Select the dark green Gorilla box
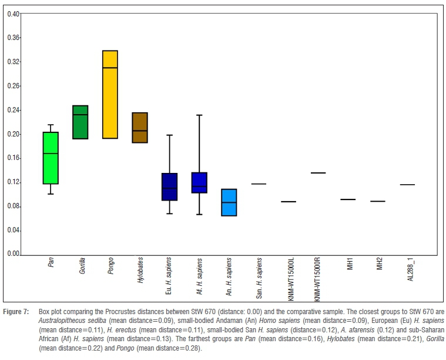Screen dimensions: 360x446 click(x=79, y=122)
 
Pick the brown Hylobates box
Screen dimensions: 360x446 click(x=139, y=127)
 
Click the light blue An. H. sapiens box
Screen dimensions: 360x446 click(x=229, y=202)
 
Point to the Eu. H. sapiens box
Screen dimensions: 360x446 click(x=169, y=187)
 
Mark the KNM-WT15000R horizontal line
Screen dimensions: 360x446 click(x=318, y=173)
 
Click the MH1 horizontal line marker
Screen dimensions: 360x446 click(x=348, y=199)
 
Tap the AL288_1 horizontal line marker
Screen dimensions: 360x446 click(x=407, y=185)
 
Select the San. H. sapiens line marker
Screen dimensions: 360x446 click(x=259, y=184)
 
